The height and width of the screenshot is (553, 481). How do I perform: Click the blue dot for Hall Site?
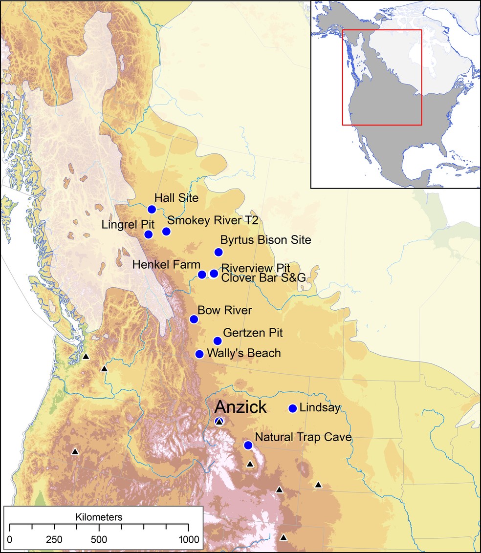(152, 210)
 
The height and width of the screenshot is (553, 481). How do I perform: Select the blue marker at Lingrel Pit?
(149, 234)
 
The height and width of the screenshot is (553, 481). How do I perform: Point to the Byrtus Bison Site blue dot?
(219, 252)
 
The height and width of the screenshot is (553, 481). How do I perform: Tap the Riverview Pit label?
(256, 268)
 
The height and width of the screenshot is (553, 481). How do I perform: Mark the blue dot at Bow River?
(194, 319)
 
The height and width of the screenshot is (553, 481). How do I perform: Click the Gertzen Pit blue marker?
(218, 341)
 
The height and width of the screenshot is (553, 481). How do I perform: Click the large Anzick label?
(240, 407)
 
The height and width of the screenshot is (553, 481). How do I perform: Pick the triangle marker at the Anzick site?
(219, 422)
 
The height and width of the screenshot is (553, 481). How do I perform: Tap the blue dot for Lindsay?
(293, 408)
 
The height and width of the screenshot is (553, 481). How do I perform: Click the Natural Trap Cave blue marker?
(248, 445)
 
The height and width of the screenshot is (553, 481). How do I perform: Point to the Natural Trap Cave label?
(303, 437)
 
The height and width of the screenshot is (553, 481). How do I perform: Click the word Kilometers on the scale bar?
(99, 516)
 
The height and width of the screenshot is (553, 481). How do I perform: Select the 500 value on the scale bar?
(99, 540)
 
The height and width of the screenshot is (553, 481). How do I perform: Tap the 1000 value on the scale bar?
(188, 540)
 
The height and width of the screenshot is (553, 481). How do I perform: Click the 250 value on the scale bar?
(54, 540)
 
